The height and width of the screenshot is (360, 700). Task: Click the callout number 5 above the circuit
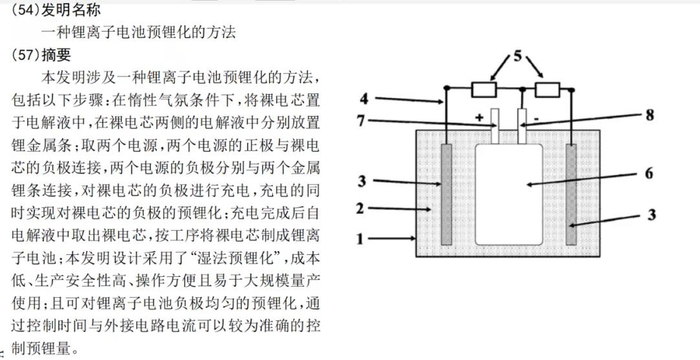(517, 56)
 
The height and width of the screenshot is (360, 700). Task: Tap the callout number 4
(364, 98)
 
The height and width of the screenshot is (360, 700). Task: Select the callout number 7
(362, 121)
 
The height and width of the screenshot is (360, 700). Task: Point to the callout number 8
(650, 115)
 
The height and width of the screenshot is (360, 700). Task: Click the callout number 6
(649, 173)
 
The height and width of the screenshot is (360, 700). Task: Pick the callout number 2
(360, 208)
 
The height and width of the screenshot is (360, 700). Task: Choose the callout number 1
(360, 239)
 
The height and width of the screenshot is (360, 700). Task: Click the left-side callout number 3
(362, 181)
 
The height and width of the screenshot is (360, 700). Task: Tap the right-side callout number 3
(652, 214)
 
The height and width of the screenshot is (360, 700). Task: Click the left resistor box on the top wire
(484, 90)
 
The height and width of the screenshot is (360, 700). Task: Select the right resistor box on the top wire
(547, 90)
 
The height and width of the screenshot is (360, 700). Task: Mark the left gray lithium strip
(446, 194)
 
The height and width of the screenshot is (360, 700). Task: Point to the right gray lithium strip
(571, 194)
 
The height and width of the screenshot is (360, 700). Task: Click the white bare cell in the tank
(509, 194)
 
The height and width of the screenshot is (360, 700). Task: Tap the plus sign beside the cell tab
(479, 118)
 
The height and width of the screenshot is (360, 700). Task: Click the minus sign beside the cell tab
(536, 119)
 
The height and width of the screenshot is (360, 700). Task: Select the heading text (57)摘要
(41, 55)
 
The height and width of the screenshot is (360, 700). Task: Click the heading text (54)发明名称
(56, 10)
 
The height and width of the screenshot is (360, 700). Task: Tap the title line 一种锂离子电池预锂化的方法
(138, 32)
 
